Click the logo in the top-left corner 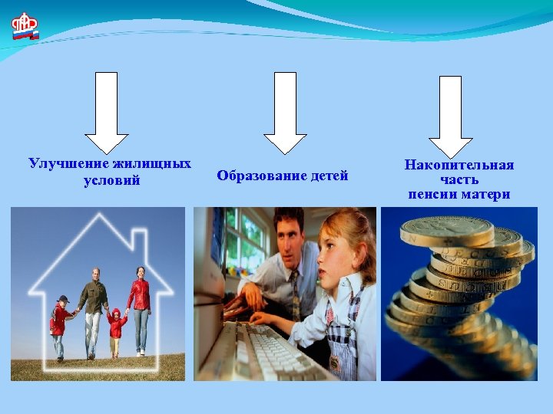click(x=25, y=27)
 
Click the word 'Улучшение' click(x=68, y=163)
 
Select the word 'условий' click(x=111, y=181)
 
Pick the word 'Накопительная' click(x=459, y=165)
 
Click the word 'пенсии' click(x=432, y=195)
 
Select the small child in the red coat click(x=117, y=330)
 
